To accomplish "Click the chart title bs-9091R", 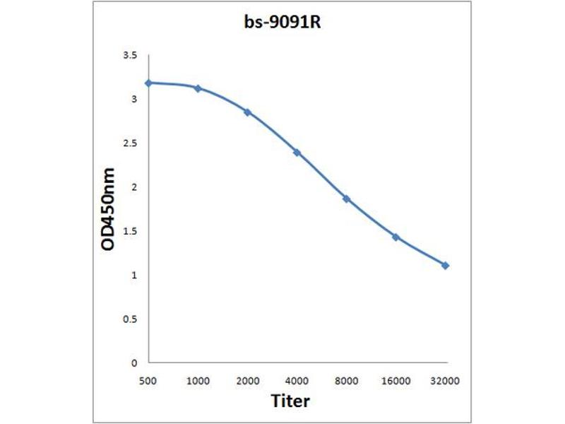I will [282, 21].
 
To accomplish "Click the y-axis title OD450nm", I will [109, 208].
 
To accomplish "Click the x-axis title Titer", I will [290, 401].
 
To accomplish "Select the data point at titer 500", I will [148, 83].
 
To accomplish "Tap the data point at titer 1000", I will [198, 88].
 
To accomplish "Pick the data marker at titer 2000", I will [247, 112].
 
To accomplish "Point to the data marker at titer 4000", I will [297, 152].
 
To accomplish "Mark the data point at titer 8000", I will [346, 199].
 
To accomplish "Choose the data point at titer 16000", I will [395, 237].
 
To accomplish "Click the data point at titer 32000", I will [445, 265].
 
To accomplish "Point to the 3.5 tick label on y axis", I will [130, 55].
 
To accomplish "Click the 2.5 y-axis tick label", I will [130, 143].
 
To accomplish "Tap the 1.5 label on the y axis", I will [130, 231].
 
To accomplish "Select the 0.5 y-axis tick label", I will [130, 319].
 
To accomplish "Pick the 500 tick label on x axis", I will [148, 381].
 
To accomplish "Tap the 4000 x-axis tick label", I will [297, 381].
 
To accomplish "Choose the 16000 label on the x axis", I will [395, 381].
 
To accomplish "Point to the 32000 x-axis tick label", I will [445, 381].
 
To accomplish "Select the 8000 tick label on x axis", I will [346, 381].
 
